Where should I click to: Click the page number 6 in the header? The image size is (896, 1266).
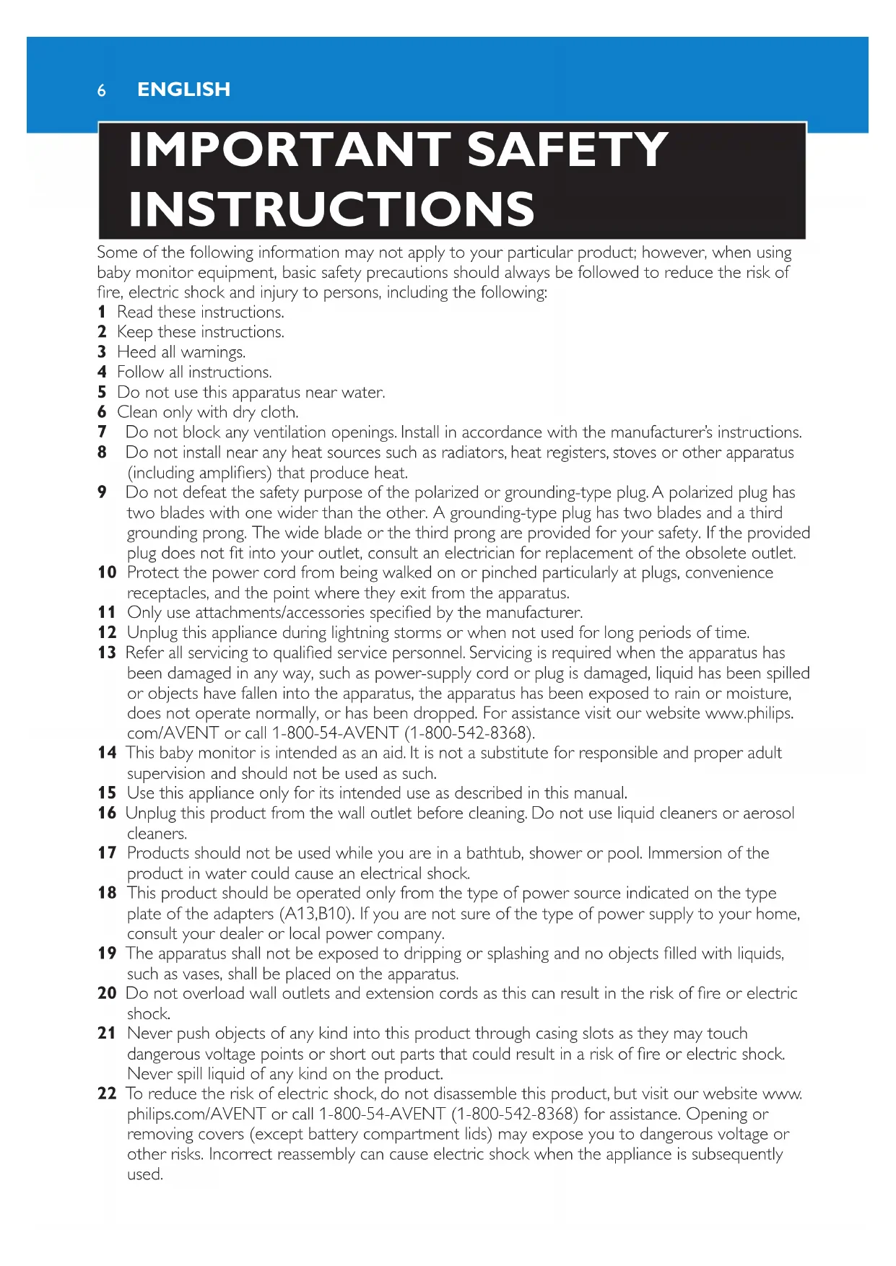(102, 90)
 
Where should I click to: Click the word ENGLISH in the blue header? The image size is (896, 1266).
(183, 90)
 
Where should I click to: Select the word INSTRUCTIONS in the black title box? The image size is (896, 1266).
(331, 209)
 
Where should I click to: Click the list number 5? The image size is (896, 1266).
(102, 392)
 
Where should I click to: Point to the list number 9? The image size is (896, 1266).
(102, 492)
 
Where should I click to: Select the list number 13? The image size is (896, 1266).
(107, 652)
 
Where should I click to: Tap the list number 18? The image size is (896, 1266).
(107, 893)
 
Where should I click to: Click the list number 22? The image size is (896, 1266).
(107, 1093)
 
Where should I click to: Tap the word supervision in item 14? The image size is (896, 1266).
(167, 774)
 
